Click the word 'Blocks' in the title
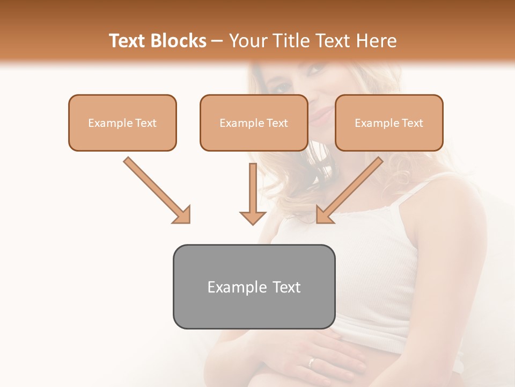click(178, 41)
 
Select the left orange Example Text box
click(122, 123)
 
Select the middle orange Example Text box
click(254, 123)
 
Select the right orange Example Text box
click(389, 123)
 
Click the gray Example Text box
click(254, 286)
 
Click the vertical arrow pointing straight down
click(253, 193)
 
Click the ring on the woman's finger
click(311, 362)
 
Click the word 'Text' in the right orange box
click(412, 123)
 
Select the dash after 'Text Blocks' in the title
click(218, 41)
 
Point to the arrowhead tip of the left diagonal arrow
click(189, 222)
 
